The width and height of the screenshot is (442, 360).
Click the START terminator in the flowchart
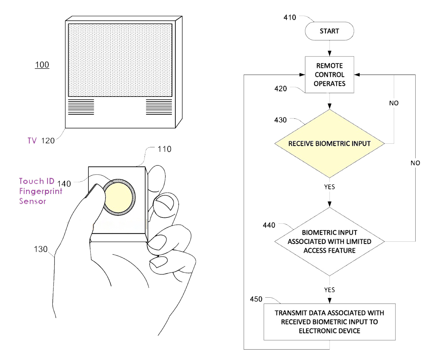click(x=329, y=31)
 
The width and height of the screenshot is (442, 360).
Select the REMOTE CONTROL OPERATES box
click(x=329, y=74)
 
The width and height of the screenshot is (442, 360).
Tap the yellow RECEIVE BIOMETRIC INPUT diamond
click(x=329, y=143)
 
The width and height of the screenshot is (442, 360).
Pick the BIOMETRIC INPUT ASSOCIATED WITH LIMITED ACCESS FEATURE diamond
click(x=329, y=241)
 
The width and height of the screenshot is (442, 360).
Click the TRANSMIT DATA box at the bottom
click(x=329, y=321)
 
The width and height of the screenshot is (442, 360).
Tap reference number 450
click(x=256, y=299)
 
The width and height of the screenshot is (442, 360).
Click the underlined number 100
click(x=42, y=65)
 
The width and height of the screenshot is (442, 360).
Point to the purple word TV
click(x=32, y=141)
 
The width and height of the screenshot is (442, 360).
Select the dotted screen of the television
click(x=120, y=59)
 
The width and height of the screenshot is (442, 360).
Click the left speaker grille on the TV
click(x=81, y=107)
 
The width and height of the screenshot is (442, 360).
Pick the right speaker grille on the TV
click(x=159, y=107)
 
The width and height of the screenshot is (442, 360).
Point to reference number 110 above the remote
click(x=164, y=149)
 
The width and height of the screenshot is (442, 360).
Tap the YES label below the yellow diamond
click(x=329, y=187)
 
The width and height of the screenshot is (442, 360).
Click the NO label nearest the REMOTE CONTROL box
click(x=394, y=103)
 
